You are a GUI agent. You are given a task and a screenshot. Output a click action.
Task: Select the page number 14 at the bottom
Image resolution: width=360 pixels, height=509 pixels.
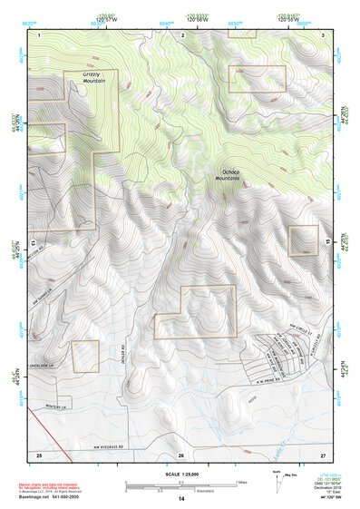(x=180, y=499)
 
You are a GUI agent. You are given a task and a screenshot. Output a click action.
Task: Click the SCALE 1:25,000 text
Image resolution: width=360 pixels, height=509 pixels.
(x=180, y=475)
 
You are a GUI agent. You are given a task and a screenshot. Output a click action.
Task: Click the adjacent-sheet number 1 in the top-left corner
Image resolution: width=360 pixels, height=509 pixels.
(x=39, y=34)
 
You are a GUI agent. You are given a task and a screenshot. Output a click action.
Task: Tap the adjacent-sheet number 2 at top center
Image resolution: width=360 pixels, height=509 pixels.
(x=183, y=34)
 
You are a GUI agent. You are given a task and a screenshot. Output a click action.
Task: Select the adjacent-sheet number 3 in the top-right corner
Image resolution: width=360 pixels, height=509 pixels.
(x=324, y=34)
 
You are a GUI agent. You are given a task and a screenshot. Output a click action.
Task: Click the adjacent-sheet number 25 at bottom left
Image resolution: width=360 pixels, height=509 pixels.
(x=39, y=454)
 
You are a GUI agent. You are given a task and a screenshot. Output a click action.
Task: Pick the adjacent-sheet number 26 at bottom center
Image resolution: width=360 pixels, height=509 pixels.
(x=181, y=454)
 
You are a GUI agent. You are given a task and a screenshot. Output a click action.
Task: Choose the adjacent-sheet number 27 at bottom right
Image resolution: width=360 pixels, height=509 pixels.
(x=323, y=454)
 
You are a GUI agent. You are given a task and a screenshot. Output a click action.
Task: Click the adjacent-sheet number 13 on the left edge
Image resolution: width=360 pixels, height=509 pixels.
(x=33, y=244)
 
